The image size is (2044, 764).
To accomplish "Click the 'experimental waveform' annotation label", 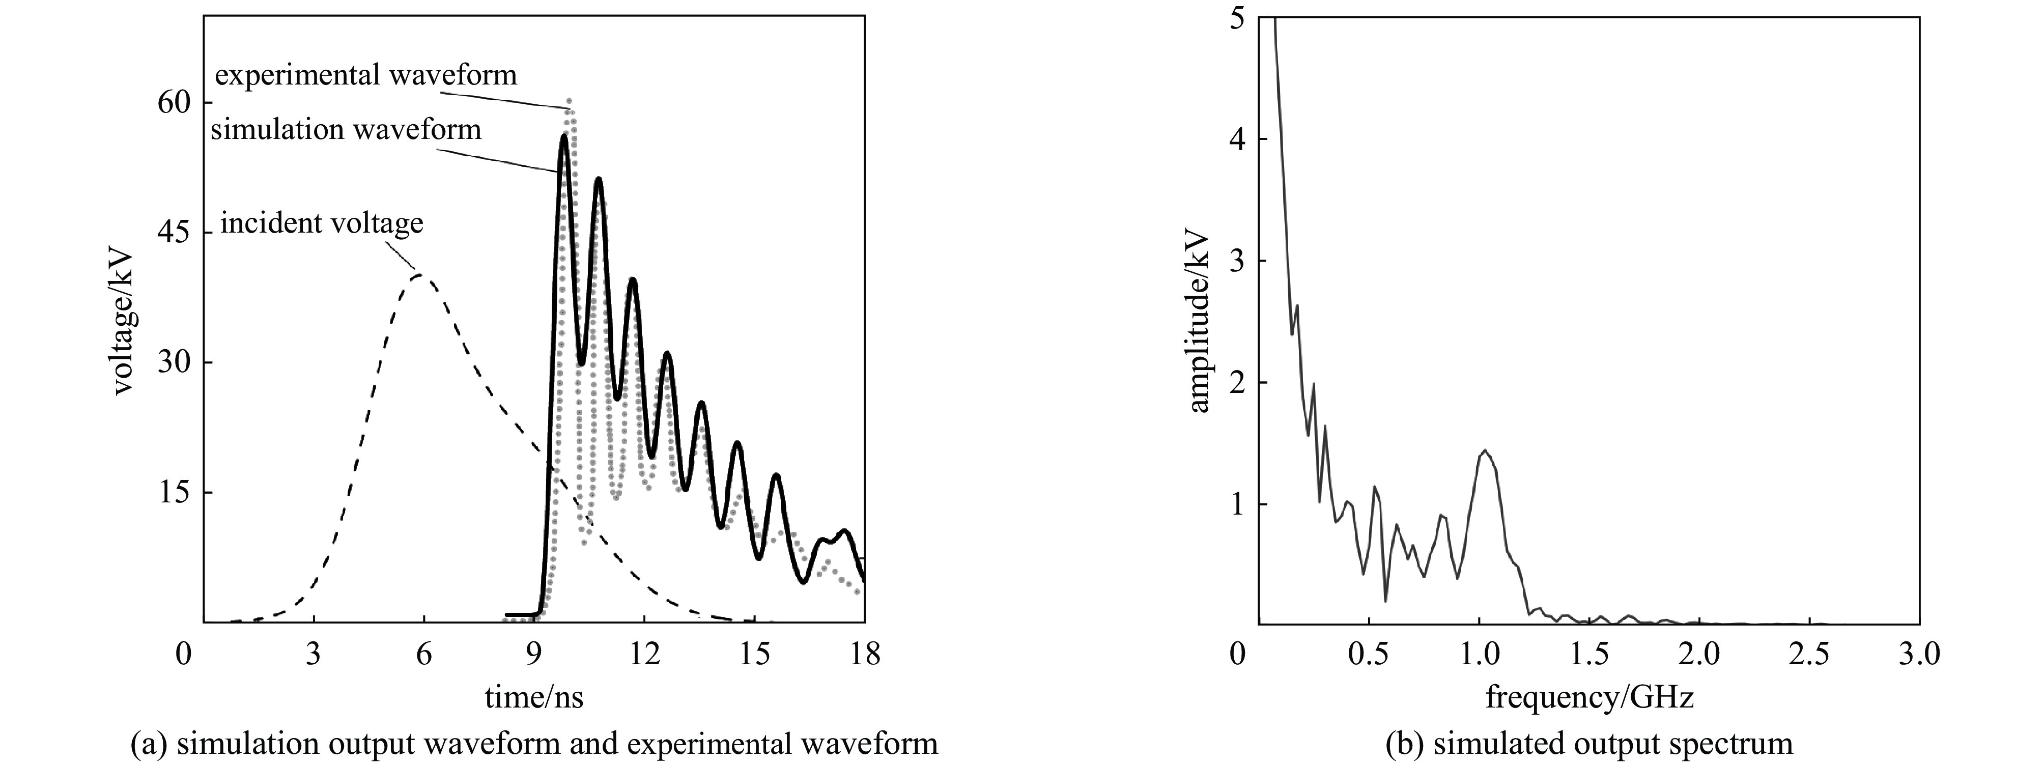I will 366,75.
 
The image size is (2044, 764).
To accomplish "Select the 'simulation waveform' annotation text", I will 346,129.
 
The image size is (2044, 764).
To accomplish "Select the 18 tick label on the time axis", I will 864,655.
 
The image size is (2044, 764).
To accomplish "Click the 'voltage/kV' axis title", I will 125,324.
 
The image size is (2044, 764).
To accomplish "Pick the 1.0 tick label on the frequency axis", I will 1478,655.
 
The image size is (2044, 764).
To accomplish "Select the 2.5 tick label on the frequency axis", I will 1809,655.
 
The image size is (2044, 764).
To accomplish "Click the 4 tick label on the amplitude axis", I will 1236,139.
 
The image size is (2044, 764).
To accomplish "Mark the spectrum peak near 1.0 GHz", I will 1484,450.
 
